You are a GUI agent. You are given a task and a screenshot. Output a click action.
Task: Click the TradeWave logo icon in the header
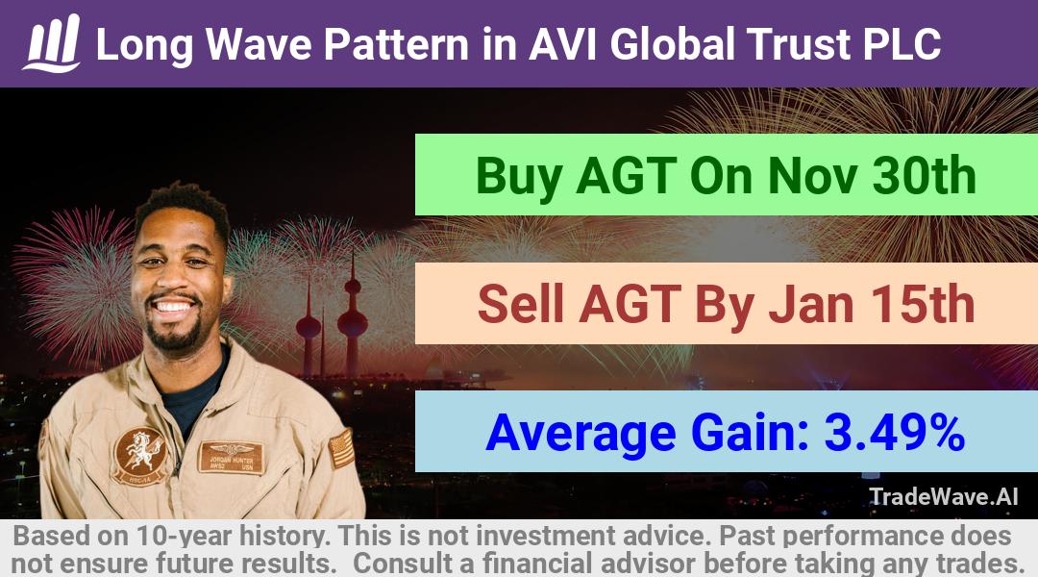pos(52,43)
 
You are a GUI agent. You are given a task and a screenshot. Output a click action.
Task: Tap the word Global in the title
pos(672,44)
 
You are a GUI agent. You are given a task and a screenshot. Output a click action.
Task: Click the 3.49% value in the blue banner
pos(895,433)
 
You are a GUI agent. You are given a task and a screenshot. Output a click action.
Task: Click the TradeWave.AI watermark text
pos(944,496)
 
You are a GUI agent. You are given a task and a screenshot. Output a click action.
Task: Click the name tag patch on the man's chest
pos(231,457)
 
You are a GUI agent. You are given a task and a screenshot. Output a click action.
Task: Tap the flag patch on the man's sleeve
pos(341,448)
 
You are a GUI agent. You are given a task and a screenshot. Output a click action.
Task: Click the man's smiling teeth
pos(173,307)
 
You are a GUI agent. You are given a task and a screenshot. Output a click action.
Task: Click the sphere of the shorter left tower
pos(309,327)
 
